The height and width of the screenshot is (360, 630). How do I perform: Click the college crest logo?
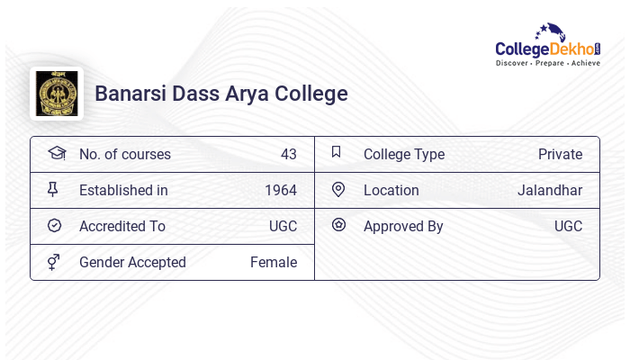pyautogui.click(x=57, y=94)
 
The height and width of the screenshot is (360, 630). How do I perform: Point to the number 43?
pyautogui.click(x=288, y=155)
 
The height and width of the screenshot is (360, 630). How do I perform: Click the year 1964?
pyautogui.click(x=280, y=191)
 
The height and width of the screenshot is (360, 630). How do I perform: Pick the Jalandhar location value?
pyautogui.click(x=549, y=191)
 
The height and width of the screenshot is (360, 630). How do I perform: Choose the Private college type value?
pyautogui.click(x=560, y=155)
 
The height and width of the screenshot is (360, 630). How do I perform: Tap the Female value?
pyautogui.click(x=273, y=263)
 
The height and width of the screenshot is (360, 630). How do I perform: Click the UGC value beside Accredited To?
pyautogui.click(x=283, y=227)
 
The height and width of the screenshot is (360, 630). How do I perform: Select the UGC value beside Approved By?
pyautogui.click(x=568, y=227)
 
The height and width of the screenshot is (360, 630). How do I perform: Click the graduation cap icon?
pyautogui.click(x=56, y=154)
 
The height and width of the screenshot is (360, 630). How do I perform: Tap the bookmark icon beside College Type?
pyautogui.click(x=337, y=152)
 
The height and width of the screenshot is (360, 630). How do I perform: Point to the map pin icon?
pyautogui.click(x=338, y=190)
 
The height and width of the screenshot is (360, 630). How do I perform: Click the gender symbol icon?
pyautogui.click(x=54, y=262)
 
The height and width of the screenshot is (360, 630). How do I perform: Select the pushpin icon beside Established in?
pyautogui.click(x=53, y=190)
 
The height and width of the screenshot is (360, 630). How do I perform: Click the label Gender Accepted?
pyautogui.click(x=132, y=263)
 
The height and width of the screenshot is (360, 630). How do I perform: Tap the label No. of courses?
pyautogui.click(x=124, y=155)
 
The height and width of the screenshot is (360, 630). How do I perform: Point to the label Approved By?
pyautogui.click(x=403, y=227)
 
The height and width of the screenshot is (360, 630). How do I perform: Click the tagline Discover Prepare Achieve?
pyautogui.click(x=548, y=64)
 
